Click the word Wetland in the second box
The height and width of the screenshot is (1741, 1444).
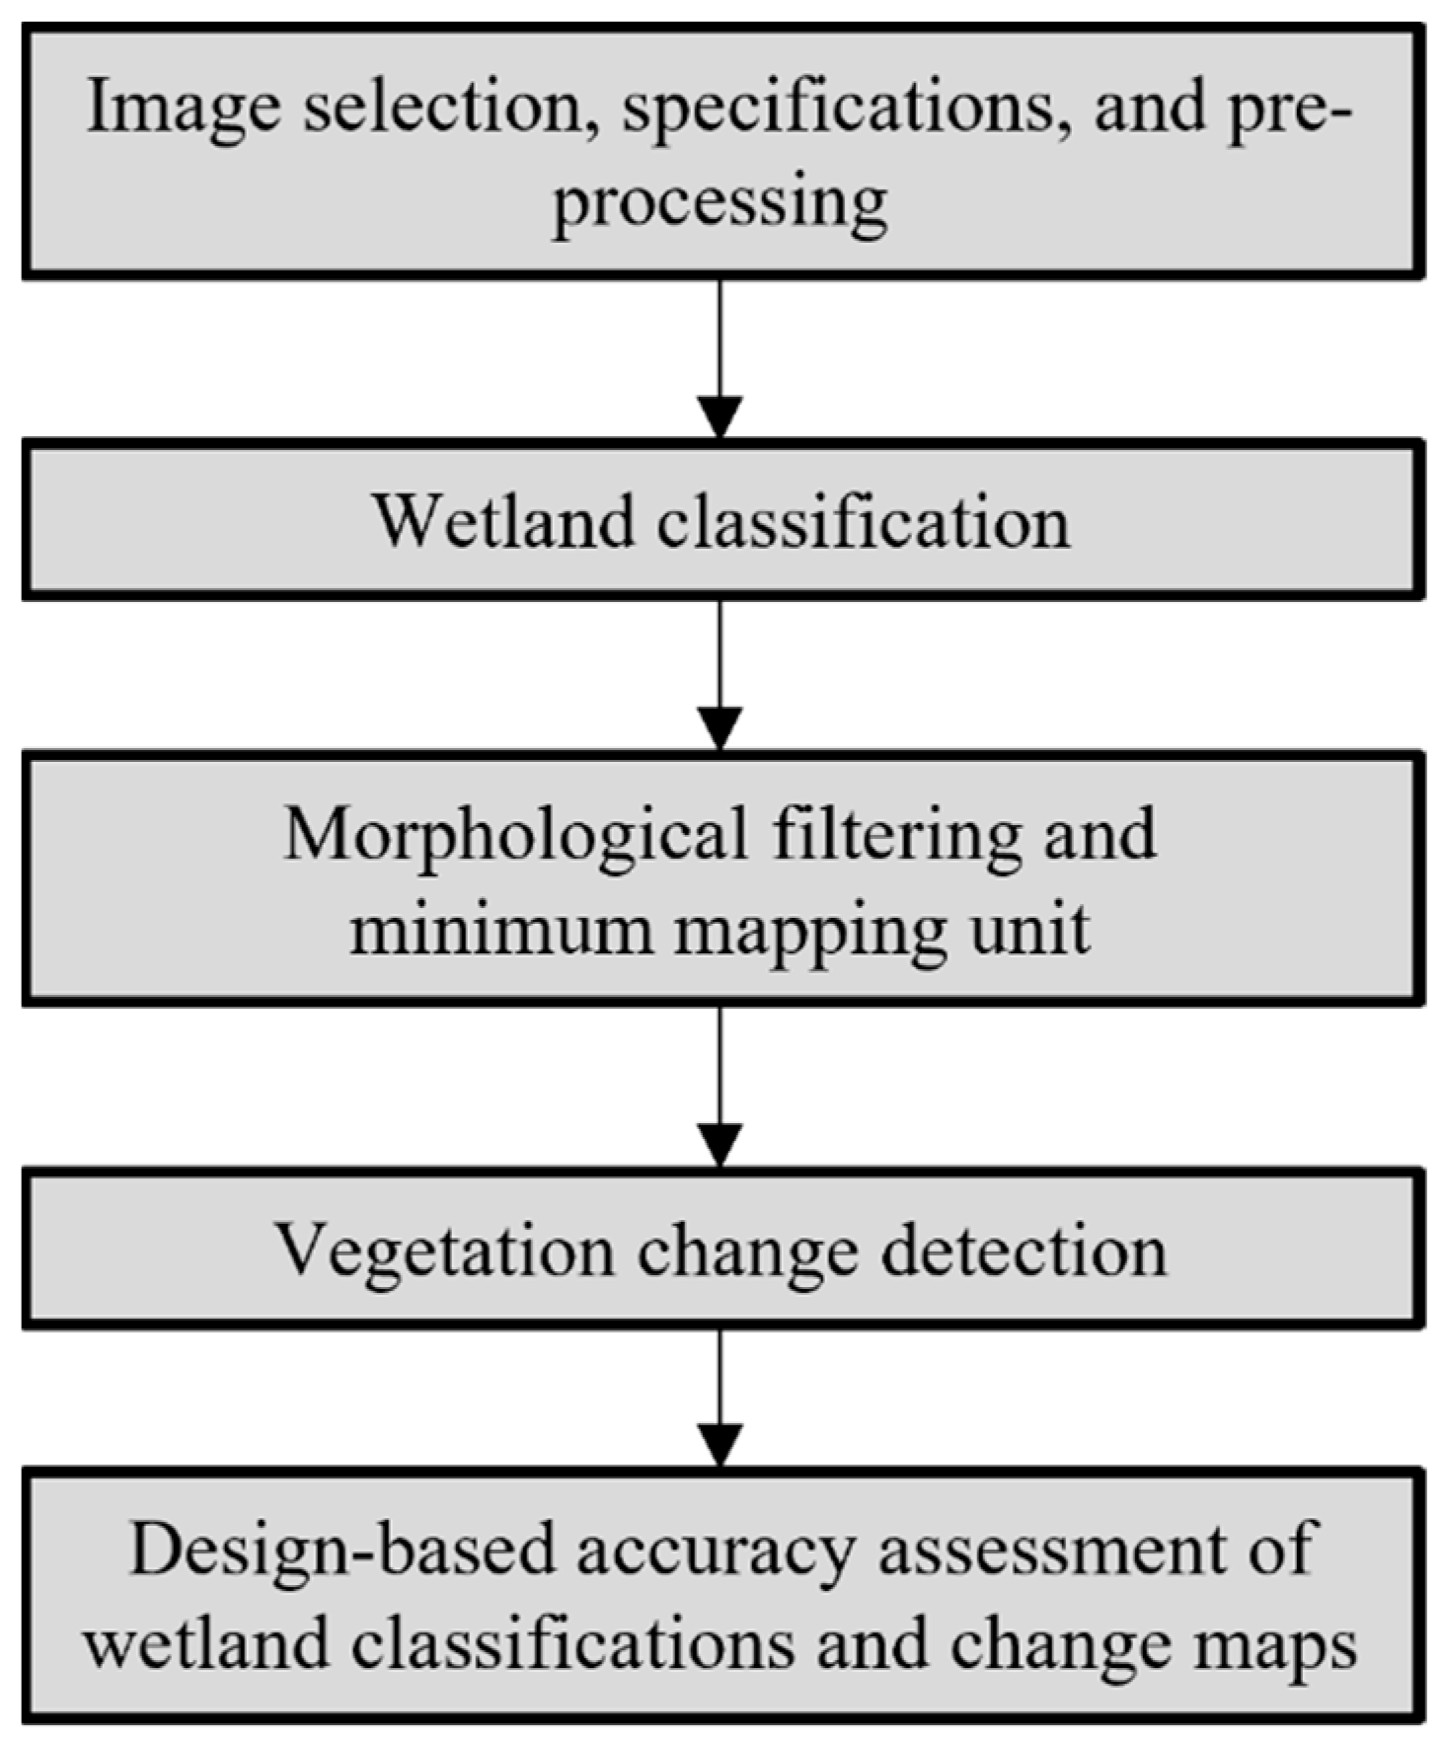pos(502,521)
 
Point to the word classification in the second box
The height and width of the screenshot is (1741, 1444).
pos(864,521)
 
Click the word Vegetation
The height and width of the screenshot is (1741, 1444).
pos(444,1250)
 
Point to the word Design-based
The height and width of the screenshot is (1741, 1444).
pos(342,1551)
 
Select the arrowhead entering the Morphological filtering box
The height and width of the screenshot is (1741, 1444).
pos(720,729)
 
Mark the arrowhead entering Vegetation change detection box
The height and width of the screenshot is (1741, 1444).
pos(720,1145)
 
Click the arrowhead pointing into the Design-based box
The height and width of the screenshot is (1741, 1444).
pos(720,1446)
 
